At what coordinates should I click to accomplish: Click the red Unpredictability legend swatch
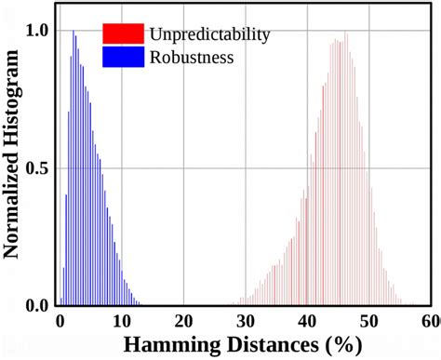click(123, 34)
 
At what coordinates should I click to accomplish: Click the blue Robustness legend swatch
click(123, 57)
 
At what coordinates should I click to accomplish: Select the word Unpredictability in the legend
click(208, 34)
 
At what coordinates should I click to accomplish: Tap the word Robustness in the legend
click(190, 57)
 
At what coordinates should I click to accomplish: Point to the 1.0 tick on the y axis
click(38, 31)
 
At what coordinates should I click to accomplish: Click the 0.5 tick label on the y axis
click(38, 168)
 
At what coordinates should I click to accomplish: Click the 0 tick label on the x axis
click(60, 321)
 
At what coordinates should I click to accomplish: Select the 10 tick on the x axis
click(122, 321)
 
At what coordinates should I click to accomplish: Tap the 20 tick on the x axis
click(184, 321)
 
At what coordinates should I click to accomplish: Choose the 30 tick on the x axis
click(247, 321)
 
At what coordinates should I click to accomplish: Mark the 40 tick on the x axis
click(309, 321)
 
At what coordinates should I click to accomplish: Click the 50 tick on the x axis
click(371, 321)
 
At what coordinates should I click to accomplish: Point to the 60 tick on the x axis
click(430, 321)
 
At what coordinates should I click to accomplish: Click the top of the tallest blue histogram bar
click(73, 32)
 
